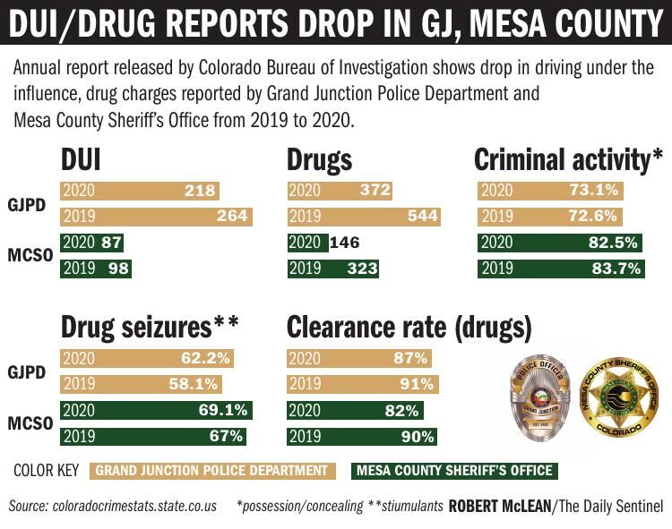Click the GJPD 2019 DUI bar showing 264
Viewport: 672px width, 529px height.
tap(156, 216)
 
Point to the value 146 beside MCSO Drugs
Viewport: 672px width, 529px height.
tap(346, 242)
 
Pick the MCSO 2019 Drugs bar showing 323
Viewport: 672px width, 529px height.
tap(333, 268)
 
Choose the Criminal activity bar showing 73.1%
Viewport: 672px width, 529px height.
tap(550, 190)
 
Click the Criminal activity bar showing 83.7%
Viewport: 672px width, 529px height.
tap(574, 268)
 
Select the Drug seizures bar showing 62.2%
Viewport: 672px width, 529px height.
tap(146, 359)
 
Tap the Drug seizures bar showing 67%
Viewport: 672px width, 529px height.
tap(153, 437)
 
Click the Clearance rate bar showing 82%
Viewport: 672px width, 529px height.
tap(355, 411)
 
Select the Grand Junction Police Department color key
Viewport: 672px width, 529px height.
tap(211, 470)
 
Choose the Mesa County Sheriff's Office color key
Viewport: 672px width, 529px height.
tap(453, 470)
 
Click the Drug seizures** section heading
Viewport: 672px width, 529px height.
tap(150, 328)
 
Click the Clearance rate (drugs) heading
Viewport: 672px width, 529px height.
tap(409, 328)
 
